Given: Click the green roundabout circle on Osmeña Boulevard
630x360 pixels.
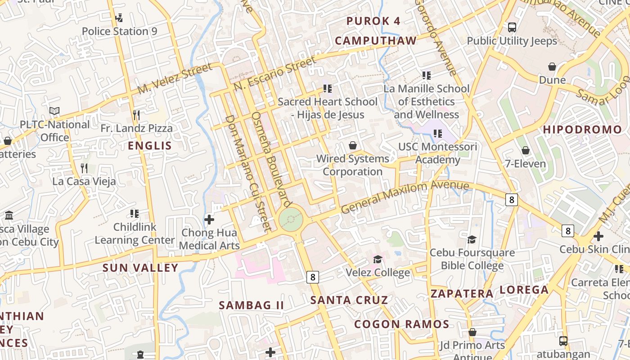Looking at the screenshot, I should [x=291, y=220].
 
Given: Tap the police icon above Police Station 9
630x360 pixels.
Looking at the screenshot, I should [x=119, y=18].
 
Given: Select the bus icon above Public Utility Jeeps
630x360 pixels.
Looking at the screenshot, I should [x=512, y=27].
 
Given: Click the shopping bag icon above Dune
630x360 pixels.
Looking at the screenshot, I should [x=552, y=67].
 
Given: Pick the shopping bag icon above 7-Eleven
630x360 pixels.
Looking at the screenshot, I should [x=525, y=150].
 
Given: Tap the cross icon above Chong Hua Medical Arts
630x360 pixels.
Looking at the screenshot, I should [x=209, y=220].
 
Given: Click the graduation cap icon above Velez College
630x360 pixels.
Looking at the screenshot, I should [x=378, y=259].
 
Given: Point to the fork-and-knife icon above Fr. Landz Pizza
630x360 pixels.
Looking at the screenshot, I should [x=136, y=115].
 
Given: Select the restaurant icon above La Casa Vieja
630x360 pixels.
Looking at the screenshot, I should [x=84, y=168].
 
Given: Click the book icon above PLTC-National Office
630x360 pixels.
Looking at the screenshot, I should [x=54, y=111].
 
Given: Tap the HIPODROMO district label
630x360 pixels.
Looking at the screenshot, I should [x=582, y=130].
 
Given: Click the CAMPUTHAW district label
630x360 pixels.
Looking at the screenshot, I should [x=376, y=41].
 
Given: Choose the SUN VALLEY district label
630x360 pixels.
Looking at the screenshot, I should [x=140, y=268].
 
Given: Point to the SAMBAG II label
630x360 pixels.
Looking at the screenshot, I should [x=251, y=305].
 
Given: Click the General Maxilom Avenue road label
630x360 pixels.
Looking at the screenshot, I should [x=405, y=196].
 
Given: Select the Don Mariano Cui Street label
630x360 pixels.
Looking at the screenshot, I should [x=249, y=173].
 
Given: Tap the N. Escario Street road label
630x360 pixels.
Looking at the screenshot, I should [x=275, y=73].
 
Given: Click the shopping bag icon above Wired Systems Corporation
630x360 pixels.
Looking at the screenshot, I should [x=353, y=145].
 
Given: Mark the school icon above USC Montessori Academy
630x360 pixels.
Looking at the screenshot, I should [x=437, y=134].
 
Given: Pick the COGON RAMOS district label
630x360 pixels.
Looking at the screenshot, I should [x=401, y=324].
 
